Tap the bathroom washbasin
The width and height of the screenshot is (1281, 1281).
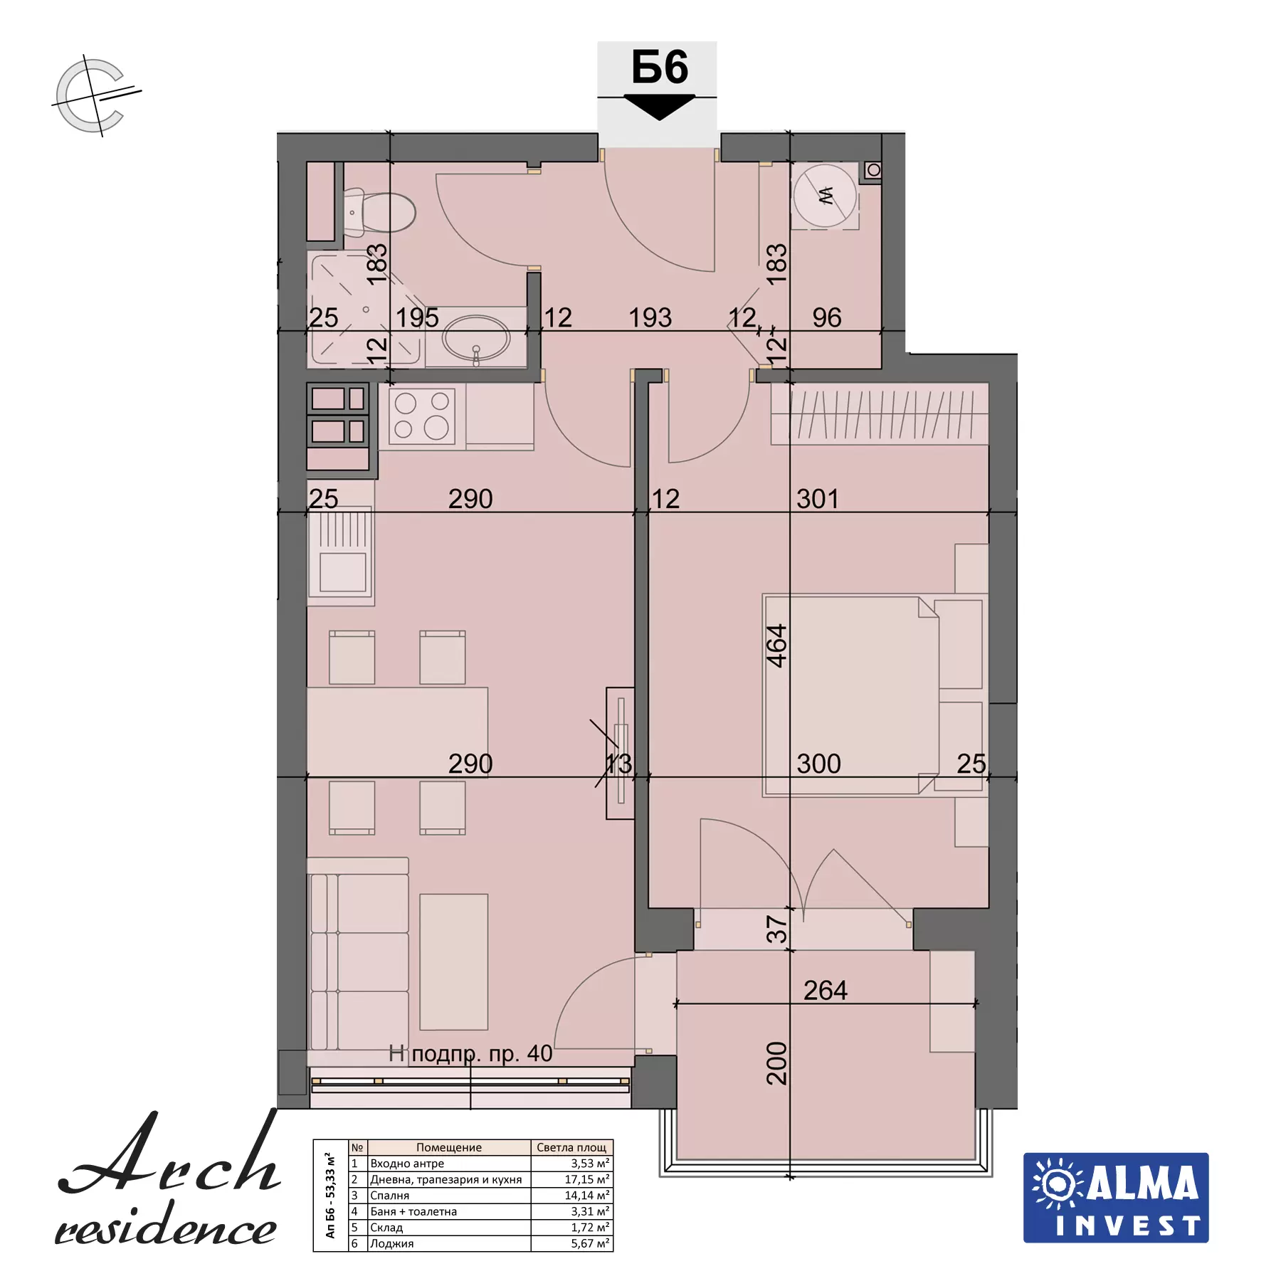pyautogui.click(x=475, y=339)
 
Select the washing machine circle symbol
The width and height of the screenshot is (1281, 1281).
pyautogui.click(x=825, y=195)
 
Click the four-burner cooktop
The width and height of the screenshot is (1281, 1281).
pyautogui.click(x=422, y=416)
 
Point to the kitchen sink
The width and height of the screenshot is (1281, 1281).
pyautogui.click(x=342, y=556)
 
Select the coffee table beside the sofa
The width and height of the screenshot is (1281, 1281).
pyautogui.click(x=453, y=961)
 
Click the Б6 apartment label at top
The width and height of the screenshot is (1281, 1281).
pyautogui.click(x=660, y=68)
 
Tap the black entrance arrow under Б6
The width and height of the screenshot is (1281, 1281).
pyautogui.click(x=659, y=107)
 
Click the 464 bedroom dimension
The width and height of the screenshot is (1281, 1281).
pyautogui.click(x=776, y=645)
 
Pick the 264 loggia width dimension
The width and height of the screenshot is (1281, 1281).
pyautogui.click(x=826, y=990)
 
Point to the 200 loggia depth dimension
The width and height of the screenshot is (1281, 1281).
pyautogui.click(x=776, y=1063)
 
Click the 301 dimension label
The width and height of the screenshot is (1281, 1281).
pyautogui.click(x=818, y=499)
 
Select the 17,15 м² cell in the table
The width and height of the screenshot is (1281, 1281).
pyautogui.click(x=587, y=1179)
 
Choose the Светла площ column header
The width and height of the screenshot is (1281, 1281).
pyautogui.click(x=571, y=1147)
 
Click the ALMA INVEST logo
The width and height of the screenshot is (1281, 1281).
pyautogui.click(x=1116, y=1198)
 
